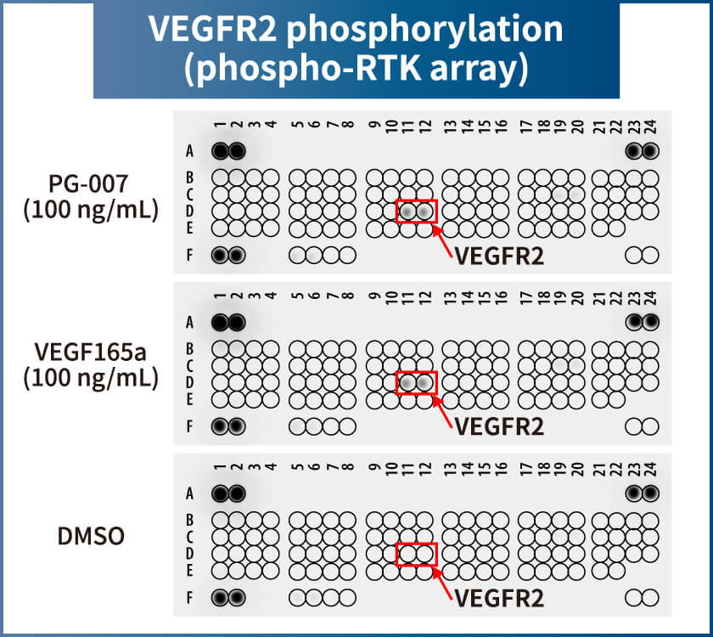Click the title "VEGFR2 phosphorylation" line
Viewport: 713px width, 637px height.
356,28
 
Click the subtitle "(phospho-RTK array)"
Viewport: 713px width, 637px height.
356,68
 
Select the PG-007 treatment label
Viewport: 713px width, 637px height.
91,196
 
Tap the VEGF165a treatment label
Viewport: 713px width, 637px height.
91,365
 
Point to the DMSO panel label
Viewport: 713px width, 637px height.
91,536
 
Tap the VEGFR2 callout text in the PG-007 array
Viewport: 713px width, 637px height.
499,256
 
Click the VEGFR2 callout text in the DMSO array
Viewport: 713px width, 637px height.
499,598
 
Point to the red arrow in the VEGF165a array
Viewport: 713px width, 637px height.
442,412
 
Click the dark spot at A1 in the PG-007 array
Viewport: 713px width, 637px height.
220,151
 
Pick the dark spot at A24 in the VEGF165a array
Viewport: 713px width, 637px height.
651,322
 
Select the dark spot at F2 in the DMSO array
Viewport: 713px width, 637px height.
237,597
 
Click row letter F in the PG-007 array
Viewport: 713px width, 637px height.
189,256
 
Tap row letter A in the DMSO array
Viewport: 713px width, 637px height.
189,493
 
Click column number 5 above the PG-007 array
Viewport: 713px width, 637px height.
297,124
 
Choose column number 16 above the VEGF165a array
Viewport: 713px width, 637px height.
501,296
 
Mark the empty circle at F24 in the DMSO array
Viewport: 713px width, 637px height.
651,598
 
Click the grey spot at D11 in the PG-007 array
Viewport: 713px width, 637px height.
408,211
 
